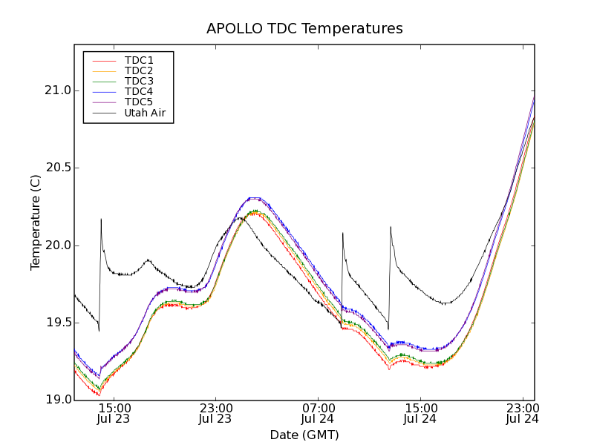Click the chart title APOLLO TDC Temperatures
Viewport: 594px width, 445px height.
(304, 29)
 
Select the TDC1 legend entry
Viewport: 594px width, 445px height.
(139, 60)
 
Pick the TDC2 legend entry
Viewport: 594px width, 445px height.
(139, 70)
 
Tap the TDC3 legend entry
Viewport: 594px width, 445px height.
(139, 81)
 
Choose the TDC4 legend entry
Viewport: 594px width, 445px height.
(139, 91)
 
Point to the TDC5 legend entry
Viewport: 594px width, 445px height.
(139, 102)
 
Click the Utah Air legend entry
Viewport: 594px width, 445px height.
(145, 113)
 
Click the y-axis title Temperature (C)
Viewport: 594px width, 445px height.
(36, 222)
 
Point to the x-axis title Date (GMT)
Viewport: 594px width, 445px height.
(304, 435)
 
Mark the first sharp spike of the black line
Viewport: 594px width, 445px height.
(101, 220)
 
